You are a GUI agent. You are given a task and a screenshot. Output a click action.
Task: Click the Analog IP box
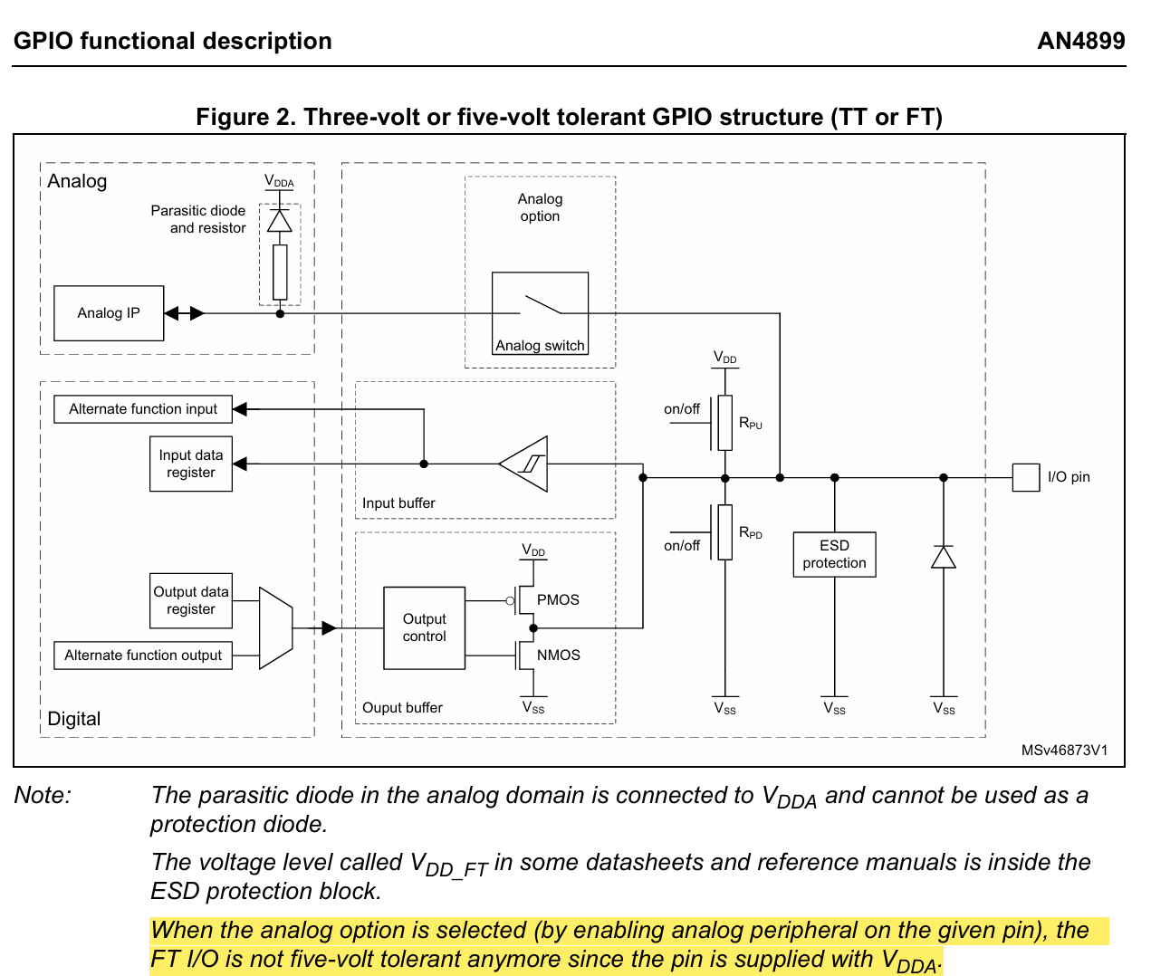point(109,313)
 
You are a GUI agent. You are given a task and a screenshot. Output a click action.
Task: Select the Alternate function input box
point(143,409)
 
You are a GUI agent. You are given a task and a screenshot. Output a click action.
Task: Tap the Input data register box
point(191,464)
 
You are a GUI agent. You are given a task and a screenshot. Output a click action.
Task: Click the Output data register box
point(191,600)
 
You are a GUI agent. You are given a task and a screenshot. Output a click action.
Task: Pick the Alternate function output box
point(143,655)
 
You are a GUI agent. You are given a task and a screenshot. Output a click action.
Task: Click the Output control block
point(424,627)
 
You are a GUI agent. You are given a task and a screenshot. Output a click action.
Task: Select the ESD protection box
point(834,554)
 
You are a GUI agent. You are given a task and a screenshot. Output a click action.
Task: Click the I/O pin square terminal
point(1025,477)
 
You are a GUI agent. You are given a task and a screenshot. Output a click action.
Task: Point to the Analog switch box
point(540,313)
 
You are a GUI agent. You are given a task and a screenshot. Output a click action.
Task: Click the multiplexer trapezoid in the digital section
point(275,628)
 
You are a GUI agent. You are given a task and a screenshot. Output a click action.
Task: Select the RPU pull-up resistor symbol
point(724,423)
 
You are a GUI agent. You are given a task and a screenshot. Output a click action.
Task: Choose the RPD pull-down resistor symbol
point(724,532)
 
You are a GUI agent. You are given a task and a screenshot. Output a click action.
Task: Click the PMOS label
point(558,600)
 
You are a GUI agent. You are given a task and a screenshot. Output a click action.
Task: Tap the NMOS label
point(558,655)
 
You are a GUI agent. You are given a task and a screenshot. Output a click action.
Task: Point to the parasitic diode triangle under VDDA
point(280,221)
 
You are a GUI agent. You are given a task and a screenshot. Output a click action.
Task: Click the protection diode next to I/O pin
point(944,557)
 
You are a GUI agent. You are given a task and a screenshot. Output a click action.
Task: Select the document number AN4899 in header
point(1080,42)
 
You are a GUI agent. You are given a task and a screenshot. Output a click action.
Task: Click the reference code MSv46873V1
point(1064,751)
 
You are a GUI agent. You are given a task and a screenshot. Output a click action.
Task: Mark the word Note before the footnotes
point(43,796)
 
